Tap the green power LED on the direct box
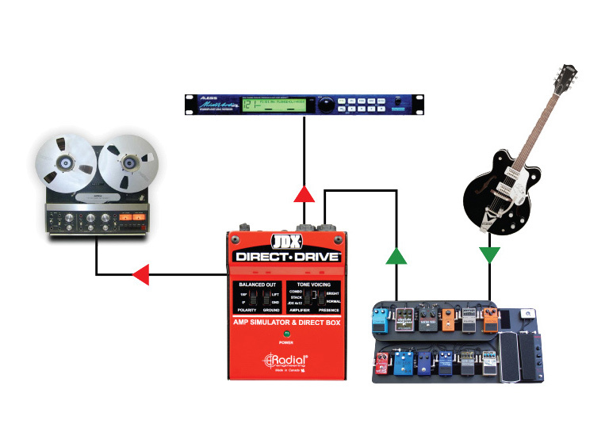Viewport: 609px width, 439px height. [x=285, y=334]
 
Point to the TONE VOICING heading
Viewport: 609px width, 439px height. [x=313, y=284]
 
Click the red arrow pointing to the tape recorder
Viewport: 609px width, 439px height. [x=141, y=275]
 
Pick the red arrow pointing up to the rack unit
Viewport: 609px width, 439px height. [x=303, y=193]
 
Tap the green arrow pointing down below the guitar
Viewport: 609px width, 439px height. [x=490, y=254]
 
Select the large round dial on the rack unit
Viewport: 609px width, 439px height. [x=327, y=104]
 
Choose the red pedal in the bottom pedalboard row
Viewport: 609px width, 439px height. [x=381, y=364]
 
